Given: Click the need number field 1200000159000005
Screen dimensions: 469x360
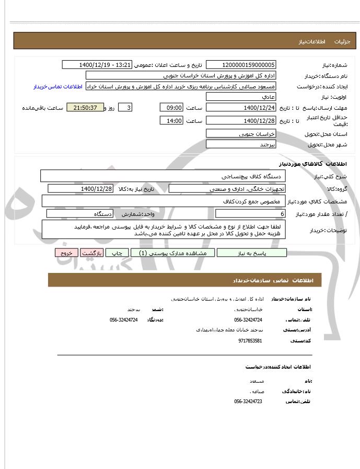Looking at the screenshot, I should (x=241, y=65).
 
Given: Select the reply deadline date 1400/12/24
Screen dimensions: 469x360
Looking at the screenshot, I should (x=241, y=108).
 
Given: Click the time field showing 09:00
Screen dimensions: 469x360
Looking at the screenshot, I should (x=171, y=108).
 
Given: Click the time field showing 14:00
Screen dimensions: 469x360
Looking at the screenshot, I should (x=171, y=121).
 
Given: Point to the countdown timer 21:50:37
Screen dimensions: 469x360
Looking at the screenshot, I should (x=86, y=108).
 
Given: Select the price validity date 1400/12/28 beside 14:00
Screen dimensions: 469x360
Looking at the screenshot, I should (x=241, y=121).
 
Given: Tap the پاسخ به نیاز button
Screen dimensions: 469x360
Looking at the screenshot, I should (x=252, y=253).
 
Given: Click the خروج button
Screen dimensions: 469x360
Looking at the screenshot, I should (x=66, y=253).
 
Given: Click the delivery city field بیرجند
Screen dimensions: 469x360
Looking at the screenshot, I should (x=241, y=144).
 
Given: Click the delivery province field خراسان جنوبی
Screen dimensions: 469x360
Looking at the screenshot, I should (x=241, y=133).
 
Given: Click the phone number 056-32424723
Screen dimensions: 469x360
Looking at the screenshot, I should (x=248, y=402).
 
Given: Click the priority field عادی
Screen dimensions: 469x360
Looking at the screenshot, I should (x=241, y=97).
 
